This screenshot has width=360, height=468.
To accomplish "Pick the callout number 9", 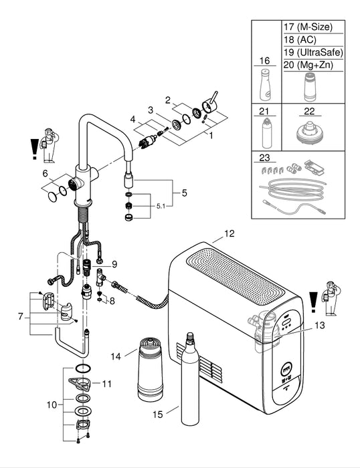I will click(x=114, y=263).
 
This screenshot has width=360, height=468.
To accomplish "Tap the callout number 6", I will click(x=45, y=173).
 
